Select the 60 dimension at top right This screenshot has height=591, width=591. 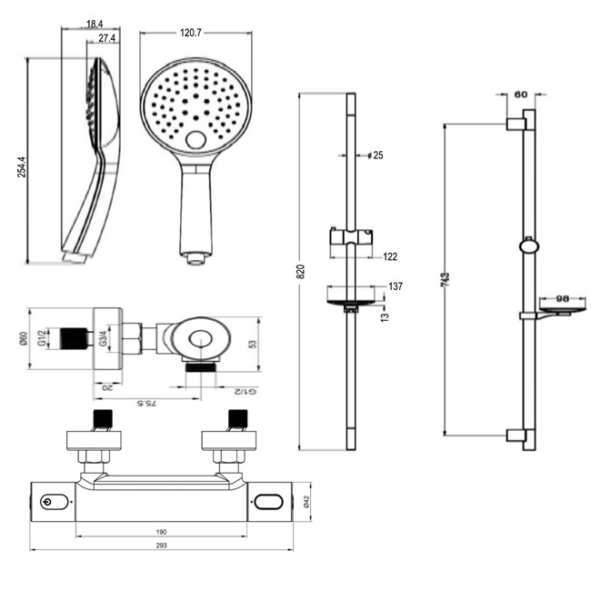(521, 94)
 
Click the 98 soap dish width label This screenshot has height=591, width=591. (561, 298)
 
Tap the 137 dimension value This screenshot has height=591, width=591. (396, 286)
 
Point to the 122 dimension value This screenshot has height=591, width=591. (390, 257)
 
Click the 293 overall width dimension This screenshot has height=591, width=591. (162, 545)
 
